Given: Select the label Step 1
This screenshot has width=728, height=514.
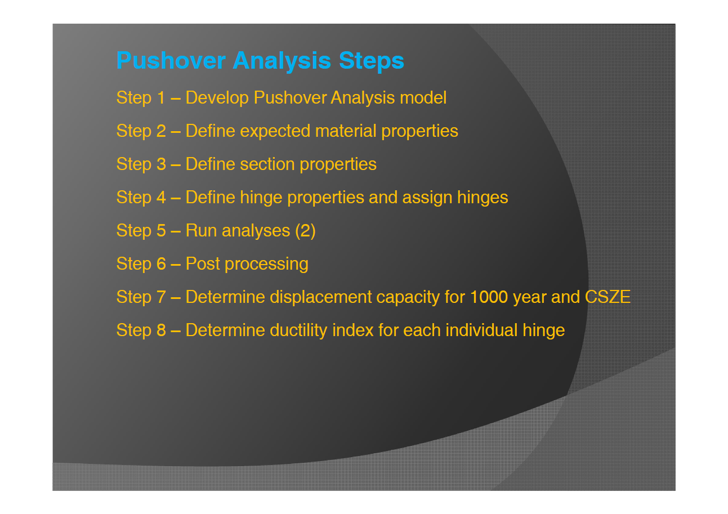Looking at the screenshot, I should tap(141, 98).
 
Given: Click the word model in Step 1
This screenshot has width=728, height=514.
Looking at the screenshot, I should tap(423, 98).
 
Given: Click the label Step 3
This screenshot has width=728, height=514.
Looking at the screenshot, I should tap(141, 164).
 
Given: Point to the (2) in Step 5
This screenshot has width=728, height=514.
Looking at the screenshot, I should tap(305, 231).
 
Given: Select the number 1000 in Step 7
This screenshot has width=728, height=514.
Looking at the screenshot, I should tap(489, 297).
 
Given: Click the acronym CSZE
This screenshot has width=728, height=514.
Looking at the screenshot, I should tap(608, 297).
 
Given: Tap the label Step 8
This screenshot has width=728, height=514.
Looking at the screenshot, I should tap(141, 330).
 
